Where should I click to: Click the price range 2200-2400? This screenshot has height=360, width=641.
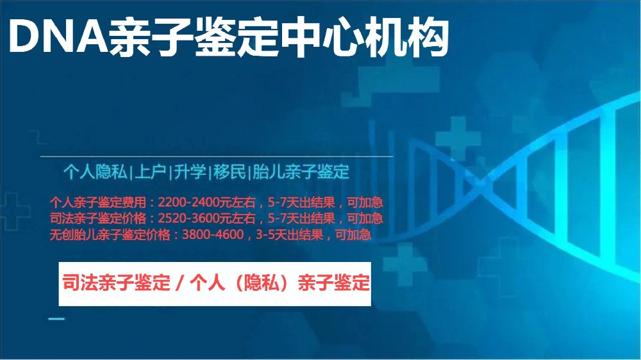(188, 202)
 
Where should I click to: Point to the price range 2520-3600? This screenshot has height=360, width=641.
(188, 218)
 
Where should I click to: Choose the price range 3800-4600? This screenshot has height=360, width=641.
(213, 234)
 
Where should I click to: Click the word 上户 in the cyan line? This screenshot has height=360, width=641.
(149, 172)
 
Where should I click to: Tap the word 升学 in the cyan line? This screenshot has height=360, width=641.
(190, 172)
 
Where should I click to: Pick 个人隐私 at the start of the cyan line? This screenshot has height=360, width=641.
(96, 172)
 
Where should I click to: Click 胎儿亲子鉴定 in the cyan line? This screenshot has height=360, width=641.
(301, 172)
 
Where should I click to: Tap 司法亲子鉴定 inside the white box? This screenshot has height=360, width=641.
(116, 282)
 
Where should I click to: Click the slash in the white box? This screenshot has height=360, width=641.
(179, 282)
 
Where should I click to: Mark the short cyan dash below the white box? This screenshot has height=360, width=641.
(56, 319)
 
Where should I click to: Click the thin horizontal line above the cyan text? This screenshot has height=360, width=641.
(217, 156)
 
